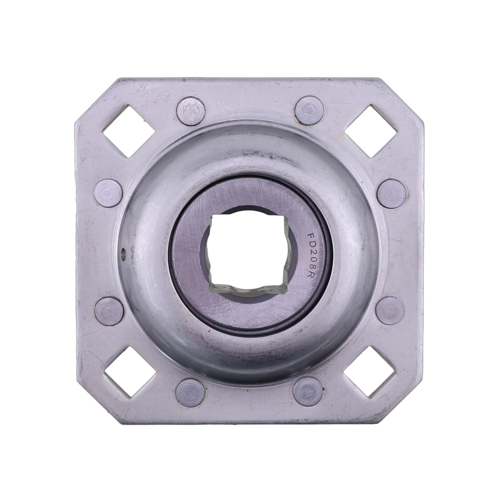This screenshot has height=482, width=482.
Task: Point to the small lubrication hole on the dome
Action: pos(124,250)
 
